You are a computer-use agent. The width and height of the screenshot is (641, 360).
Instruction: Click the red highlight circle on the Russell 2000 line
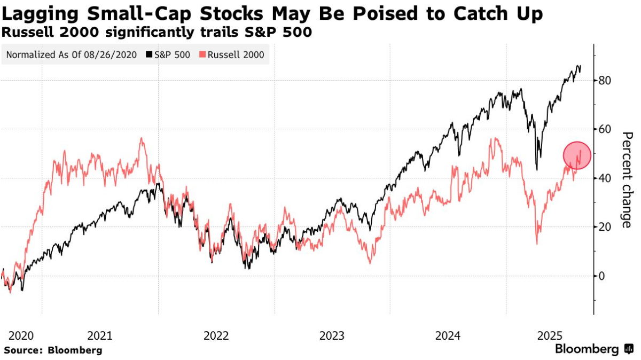(x=577, y=155)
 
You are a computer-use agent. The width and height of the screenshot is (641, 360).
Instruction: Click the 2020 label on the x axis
(x=21, y=336)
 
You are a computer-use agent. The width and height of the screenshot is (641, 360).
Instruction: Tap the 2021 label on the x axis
(x=99, y=336)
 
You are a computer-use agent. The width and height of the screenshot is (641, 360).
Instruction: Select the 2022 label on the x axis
(x=216, y=336)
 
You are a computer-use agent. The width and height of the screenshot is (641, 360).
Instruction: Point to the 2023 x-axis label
(x=332, y=336)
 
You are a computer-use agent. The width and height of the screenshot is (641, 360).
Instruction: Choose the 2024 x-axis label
(x=448, y=336)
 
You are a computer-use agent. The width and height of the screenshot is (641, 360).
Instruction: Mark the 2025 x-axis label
(x=550, y=336)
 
